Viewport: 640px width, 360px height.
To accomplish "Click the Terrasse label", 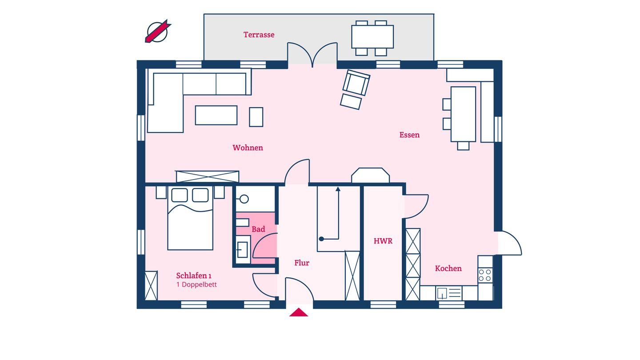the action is pyautogui.click(x=259, y=35).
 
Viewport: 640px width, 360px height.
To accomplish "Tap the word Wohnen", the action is pyautogui.click(x=248, y=148).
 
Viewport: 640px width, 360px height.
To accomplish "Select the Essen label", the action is pyautogui.click(x=409, y=135).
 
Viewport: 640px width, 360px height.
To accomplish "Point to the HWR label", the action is pyautogui.click(x=383, y=241).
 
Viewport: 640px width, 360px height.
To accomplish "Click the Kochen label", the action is pyautogui.click(x=448, y=268).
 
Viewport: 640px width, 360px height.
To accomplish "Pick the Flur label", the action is pyautogui.click(x=302, y=263).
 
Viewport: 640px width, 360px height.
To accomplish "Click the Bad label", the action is pyautogui.click(x=258, y=229).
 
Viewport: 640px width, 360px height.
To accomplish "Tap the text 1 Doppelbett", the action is pyautogui.click(x=196, y=284).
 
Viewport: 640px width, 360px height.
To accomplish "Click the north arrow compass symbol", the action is pyautogui.click(x=158, y=32).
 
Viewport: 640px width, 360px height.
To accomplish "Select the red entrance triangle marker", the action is pyautogui.click(x=299, y=312).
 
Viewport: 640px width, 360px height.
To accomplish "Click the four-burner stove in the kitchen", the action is pyautogui.click(x=485, y=275).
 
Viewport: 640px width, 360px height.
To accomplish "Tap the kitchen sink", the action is pyautogui.click(x=448, y=293).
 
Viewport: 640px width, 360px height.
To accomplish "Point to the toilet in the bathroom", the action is pyautogui.click(x=243, y=199).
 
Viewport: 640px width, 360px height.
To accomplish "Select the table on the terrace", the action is pyautogui.click(x=372, y=37).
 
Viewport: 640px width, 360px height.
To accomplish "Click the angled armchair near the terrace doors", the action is pyautogui.click(x=356, y=83).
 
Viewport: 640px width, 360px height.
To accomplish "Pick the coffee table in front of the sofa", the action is pyautogui.click(x=216, y=116).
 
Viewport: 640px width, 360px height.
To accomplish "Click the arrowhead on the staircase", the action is pyautogui.click(x=338, y=189).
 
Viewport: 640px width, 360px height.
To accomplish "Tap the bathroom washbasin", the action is pyautogui.click(x=243, y=249).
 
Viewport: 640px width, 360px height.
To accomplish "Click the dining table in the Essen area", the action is pyautogui.click(x=463, y=114).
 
